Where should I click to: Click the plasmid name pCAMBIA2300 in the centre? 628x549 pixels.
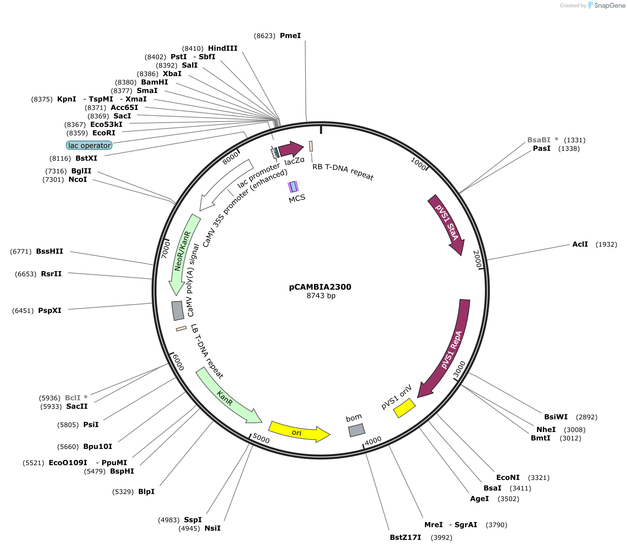[x=320, y=287]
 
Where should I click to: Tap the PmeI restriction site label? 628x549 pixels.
[x=290, y=36]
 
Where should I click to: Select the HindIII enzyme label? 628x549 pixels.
[x=223, y=48]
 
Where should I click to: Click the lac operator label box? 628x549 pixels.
[x=89, y=145]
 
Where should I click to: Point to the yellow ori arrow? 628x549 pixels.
[x=299, y=432]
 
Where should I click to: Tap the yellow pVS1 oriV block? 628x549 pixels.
[x=405, y=408]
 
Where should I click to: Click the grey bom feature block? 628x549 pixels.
[x=357, y=430]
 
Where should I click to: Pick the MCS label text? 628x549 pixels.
[x=297, y=199]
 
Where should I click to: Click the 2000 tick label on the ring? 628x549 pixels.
[x=477, y=259]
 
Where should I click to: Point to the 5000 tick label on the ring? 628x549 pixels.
[x=261, y=438]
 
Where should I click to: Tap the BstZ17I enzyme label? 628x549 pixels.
[x=405, y=537]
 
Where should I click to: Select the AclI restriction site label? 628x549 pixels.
[x=580, y=244]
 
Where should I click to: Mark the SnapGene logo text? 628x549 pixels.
[x=610, y=5]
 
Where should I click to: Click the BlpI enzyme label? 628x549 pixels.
[x=146, y=492]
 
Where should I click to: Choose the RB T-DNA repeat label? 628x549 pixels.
[x=343, y=172]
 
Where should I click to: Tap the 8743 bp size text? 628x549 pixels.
[x=321, y=296]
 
